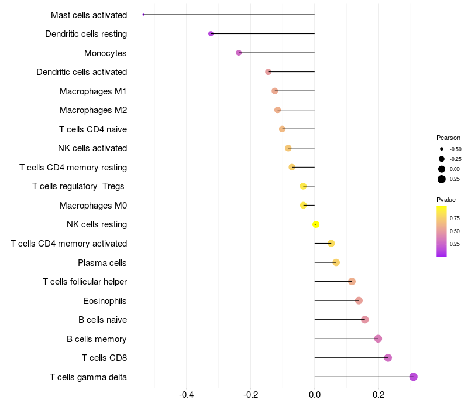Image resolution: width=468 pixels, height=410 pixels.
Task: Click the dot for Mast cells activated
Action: pyautogui.click(x=143, y=15)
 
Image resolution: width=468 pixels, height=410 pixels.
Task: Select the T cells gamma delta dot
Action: pyautogui.click(x=413, y=377)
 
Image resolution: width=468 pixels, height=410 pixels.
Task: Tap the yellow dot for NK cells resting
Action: pyautogui.click(x=315, y=224)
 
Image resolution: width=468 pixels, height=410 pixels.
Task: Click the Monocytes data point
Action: pyautogui.click(x=239, y=53)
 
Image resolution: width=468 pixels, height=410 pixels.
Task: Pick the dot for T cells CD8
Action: pyautogui.click(x=387, y=358)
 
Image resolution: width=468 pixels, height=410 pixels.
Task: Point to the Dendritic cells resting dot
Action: pyautogui.click(x=211, y=34)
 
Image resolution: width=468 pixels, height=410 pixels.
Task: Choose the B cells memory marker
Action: pyautogui.click(x=378, y=339)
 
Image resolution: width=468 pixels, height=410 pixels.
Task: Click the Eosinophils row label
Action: pyautogui.click(x=105, y=301)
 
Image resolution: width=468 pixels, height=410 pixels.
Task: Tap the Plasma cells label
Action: pyautogui.click(x=102, y=263)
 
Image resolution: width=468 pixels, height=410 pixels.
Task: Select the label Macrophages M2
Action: pyautogui.click(x=93, y=110)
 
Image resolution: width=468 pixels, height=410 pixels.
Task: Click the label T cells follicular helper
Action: pyautogui.click(x=85, y=282)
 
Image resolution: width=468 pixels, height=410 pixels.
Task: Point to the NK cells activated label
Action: pyautogui.click(x=92, y=148)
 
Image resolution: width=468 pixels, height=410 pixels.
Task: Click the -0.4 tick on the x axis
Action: pyautogui.click(x=187, y=395)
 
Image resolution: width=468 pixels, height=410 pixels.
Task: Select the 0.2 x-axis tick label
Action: pyautogui.click(x=378, y=395)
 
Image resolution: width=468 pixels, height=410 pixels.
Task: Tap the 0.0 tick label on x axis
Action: pyautogui.click(x=315, y=395)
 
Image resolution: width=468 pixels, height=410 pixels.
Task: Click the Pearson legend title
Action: pyautogui.click(x=448, y=138)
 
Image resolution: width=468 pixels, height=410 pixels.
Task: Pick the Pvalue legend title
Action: pyautogui.click(x=446, y=200)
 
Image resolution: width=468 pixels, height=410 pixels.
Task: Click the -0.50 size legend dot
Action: pyautogui.click(x=442, y=149)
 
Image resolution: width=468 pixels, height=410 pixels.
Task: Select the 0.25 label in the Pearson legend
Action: pyautogui.click(x=455, y=179)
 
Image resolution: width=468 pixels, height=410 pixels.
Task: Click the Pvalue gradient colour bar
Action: pyautogui.click(x=442, y=231)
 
